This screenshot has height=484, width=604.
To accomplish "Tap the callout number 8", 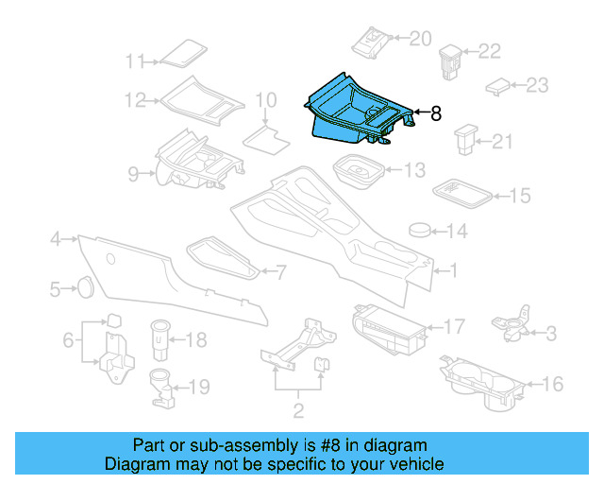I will coord(435,114).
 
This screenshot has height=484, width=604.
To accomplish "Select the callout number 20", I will coord(419,38).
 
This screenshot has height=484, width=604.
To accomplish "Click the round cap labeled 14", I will coord(421,230).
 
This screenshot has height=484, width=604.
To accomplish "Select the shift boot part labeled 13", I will coord(356,173).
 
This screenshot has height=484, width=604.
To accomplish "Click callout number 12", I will coord(135,99).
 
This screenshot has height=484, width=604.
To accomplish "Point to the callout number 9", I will coord(133,173).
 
